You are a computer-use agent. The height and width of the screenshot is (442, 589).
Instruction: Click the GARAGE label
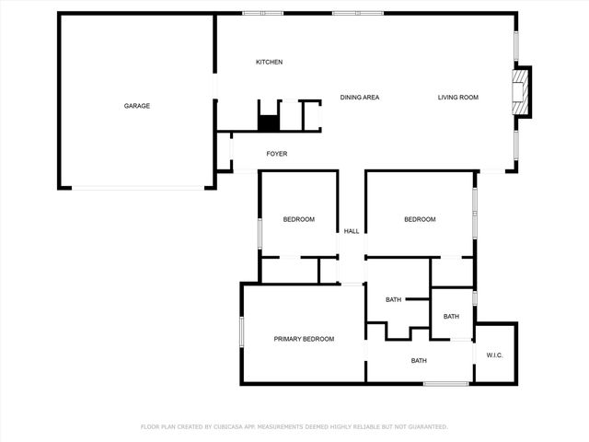click(137, 106)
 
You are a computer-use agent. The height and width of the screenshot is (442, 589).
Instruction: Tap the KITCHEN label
click(269, 62)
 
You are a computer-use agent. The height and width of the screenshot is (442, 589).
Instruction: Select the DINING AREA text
click(360, 97)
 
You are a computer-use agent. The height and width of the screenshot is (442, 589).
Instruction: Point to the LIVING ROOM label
click(457, 97)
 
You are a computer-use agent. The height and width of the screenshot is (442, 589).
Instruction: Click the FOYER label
click(277, 154)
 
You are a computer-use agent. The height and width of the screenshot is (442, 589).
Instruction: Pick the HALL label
click(352, 231)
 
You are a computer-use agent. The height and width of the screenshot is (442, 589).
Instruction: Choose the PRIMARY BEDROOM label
click(304, 339)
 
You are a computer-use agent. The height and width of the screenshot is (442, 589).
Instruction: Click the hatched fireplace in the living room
click(522, 93)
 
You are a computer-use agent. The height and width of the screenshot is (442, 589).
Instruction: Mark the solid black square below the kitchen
click(268, 122)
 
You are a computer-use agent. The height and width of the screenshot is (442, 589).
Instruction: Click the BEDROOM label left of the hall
click(298, 219)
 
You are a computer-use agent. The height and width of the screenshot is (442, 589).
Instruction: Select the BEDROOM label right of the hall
click(420, 219)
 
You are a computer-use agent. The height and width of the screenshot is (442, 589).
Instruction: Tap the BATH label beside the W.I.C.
click(419, 361)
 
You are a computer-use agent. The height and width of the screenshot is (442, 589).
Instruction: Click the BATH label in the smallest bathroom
click(451, 317)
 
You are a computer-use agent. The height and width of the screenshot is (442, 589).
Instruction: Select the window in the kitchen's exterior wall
click(262, 13)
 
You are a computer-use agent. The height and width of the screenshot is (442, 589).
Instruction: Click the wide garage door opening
click(139, 189)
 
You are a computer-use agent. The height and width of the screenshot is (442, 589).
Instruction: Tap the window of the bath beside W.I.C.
click(446, 383)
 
